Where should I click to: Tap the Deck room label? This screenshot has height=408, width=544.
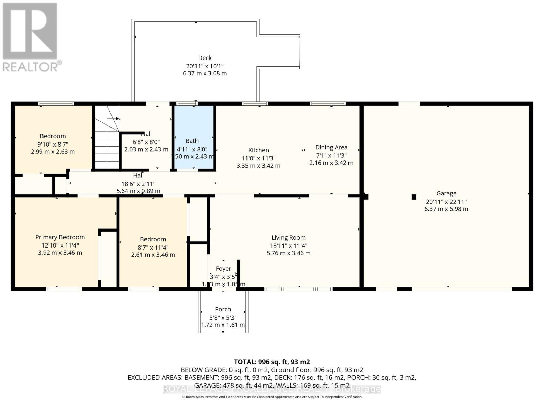(205, 58)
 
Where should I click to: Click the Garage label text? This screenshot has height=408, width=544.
(446, 193)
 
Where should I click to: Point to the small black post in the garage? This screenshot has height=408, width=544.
(414, 197)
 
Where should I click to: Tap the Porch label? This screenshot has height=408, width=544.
(223, 309)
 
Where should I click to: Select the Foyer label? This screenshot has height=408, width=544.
(223, 269)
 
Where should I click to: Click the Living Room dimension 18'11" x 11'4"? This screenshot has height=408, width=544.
(288, 245)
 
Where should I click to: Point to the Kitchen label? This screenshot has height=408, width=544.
(258, 150)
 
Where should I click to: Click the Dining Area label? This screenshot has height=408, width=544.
(331, 148)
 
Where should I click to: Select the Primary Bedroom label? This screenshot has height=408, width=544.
(60, 237)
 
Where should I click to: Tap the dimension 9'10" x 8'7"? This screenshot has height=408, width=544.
(53, 144)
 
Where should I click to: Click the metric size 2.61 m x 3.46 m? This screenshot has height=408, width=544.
(153, 255)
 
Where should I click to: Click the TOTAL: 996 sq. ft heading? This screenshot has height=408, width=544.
(272, 362)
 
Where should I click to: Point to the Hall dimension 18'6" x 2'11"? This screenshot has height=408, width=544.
(138, 184)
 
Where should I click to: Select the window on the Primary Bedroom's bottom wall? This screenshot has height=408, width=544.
(64, 289)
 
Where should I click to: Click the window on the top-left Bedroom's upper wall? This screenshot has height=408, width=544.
(56, 104)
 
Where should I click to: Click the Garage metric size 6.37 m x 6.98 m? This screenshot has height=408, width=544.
(446, 209)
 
